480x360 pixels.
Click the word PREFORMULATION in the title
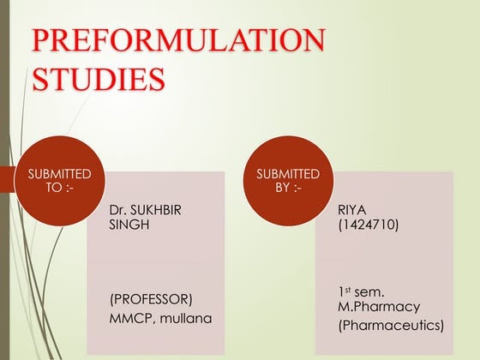click(x=177, y=42)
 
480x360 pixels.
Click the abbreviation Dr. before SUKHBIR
click(x=118, y=208)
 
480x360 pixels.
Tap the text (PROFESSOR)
click(x=150, y=300)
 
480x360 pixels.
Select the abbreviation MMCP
click(x=128, y=319)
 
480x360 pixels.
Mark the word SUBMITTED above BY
click(x=287, y=174)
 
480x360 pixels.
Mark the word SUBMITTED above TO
click(x=59, y=174)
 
